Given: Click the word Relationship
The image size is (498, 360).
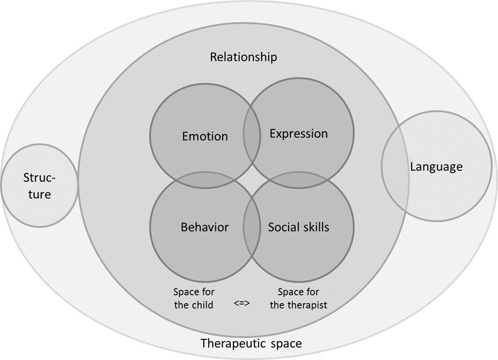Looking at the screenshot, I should point(243,57).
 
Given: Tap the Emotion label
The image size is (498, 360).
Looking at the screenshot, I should point(205,137).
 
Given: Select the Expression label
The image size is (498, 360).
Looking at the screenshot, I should point(299,134).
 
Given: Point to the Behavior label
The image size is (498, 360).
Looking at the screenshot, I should point(205,227).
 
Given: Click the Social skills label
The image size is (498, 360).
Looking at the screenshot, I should point(299,227).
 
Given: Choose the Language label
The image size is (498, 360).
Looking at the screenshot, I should point(436,167).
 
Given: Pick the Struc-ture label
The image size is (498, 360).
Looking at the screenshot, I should point(40,186).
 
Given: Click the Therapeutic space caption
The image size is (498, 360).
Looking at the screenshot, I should point(251,344).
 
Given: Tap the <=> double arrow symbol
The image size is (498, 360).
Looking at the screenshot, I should point(242,304).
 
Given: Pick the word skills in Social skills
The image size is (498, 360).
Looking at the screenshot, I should point(317,227).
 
